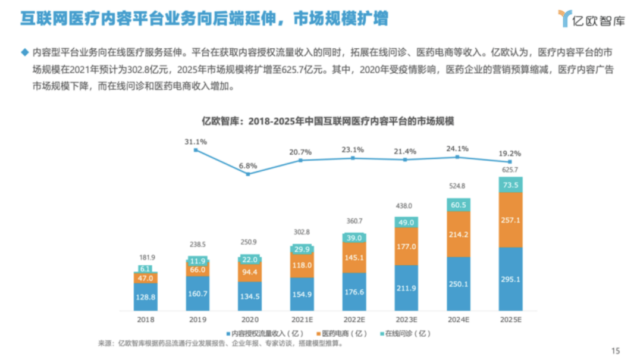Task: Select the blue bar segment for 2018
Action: point(145,296)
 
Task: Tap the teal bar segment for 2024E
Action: point(457,205)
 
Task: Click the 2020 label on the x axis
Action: point(250,319)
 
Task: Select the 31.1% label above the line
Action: point(196,142)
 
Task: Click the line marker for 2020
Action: point(249,174)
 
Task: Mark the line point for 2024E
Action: point(457,157)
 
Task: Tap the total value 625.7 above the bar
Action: point(510,170)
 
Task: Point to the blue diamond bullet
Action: point(24,52)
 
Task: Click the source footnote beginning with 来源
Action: point(220,343)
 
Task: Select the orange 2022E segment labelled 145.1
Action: point(353,257)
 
